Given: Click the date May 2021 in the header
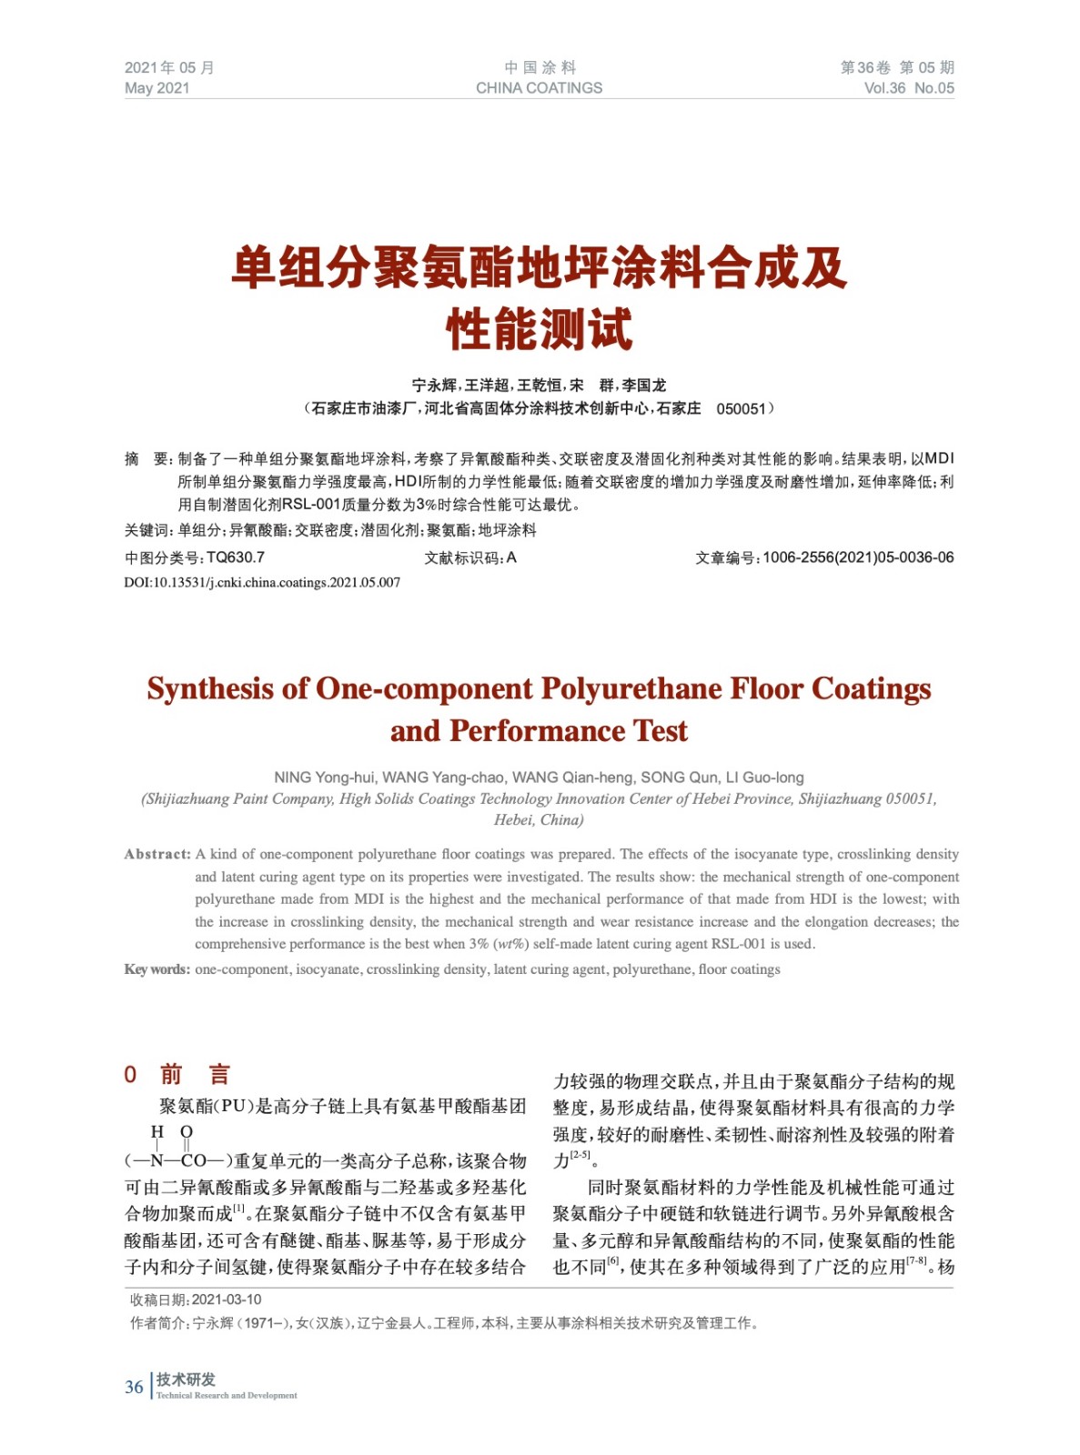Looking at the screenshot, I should point(156,88).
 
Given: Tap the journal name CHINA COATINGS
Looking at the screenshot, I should point(539,88).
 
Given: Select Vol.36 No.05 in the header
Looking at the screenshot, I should point(908,88).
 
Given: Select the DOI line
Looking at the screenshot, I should point(262,583).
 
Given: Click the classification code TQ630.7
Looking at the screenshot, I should point(236,557).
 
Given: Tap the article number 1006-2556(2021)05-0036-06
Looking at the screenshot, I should point(858,557).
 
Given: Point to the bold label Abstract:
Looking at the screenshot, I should point(157,854).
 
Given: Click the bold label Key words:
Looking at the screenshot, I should point(156,969).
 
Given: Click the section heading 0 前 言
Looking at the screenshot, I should point(177,1074).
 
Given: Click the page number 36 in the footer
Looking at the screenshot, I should point(134,1387).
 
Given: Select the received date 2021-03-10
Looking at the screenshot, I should point(227,1299).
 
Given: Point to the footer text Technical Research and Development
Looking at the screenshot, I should point(227,1395).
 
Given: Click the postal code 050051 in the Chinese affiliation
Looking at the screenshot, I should point(741,409).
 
